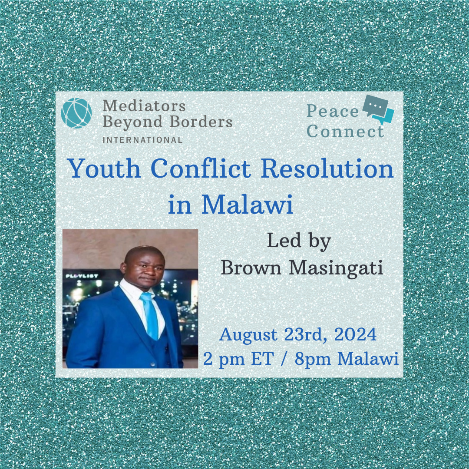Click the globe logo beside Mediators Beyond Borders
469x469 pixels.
76,113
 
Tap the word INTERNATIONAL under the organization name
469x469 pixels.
142,140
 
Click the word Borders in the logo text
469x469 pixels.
201,122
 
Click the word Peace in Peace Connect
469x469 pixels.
333,111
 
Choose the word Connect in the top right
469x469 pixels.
346,132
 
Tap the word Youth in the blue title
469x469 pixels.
105,168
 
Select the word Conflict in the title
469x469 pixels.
202,168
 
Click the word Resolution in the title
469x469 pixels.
327,168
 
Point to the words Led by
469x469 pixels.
299,241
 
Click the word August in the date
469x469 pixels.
248,335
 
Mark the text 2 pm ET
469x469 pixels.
238,359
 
